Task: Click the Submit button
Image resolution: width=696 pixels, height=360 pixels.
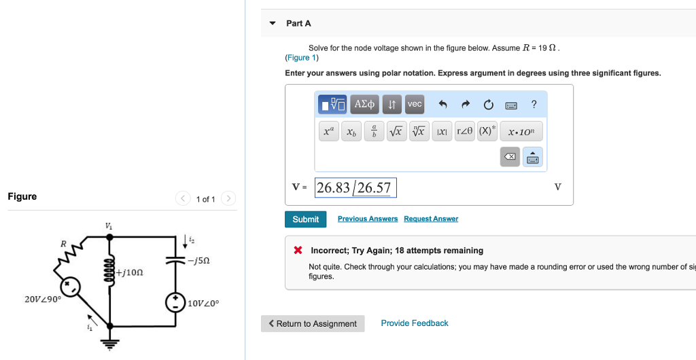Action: (305, 219)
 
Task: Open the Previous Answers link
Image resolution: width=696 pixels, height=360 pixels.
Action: (368, 219)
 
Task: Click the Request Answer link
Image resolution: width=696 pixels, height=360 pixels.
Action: (431, 219)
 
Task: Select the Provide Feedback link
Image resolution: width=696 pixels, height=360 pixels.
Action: (415, 323)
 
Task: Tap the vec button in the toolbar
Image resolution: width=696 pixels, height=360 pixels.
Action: (415, 105)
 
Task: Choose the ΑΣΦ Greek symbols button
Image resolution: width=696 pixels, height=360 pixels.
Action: (365, 105)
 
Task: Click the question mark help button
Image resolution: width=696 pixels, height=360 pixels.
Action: (534, 105)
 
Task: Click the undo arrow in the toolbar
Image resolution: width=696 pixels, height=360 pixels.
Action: (443, 105)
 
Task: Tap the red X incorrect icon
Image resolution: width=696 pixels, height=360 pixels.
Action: (298, 251)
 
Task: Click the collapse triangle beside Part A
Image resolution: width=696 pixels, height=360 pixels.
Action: (273, 24)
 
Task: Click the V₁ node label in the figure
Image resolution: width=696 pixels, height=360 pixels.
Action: (109, 226)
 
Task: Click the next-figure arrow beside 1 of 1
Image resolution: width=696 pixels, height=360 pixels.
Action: (228, 199)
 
